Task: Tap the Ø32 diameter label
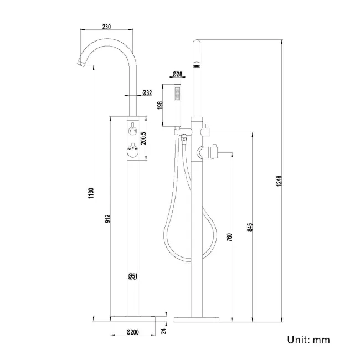click(147, 93)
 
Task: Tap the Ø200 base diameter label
click(132, 332)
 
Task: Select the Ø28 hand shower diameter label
click(178, 74)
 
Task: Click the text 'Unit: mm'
click(308, 339)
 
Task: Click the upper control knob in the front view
click(133, 131)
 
